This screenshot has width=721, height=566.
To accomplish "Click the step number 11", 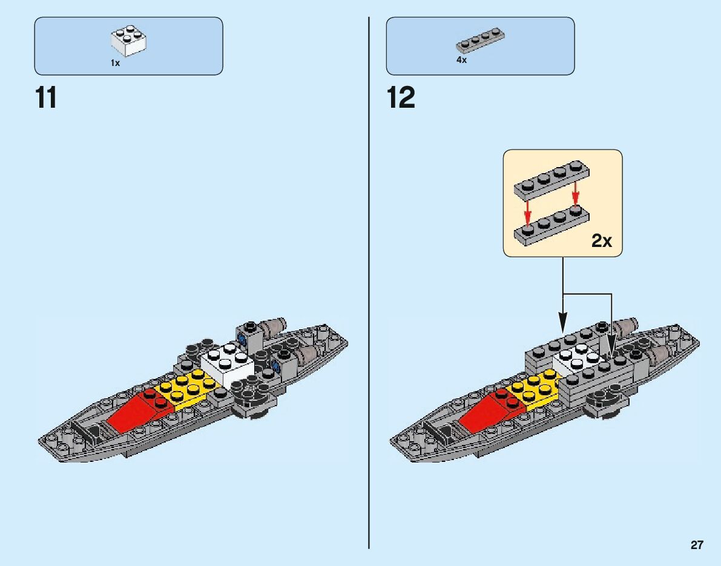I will coord(47,98).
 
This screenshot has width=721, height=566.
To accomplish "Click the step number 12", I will coord(401,98).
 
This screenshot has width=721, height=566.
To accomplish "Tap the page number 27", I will coord(697,545).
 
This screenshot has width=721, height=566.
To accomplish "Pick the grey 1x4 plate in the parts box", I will coord(480,41).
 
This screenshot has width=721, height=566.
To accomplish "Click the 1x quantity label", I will coord(115,63).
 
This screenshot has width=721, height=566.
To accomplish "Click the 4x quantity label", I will coord(461,61).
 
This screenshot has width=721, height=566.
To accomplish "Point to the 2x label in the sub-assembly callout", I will coord(602,241).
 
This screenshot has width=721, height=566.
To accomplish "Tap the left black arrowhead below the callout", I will coord(562,321).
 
